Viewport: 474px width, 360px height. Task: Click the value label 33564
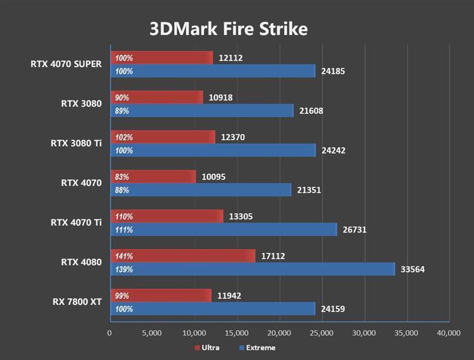tap(412, 269)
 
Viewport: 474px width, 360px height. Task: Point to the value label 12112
tap(230, 58)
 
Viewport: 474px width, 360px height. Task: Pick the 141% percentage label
tap(124, 256)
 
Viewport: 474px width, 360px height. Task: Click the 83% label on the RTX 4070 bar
tap(122, 177)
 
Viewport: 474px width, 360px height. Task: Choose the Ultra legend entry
tap(207, 348)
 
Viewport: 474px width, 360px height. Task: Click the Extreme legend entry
tap(257, 348)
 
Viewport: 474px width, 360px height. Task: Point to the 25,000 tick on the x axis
tap(321, 333)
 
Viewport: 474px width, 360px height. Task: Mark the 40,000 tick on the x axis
tap(447, 333)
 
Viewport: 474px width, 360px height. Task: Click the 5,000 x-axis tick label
tap(152, 333)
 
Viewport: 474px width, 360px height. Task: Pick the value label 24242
tap(333, 151)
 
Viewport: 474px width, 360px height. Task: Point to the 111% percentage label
tap(124, 230)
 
